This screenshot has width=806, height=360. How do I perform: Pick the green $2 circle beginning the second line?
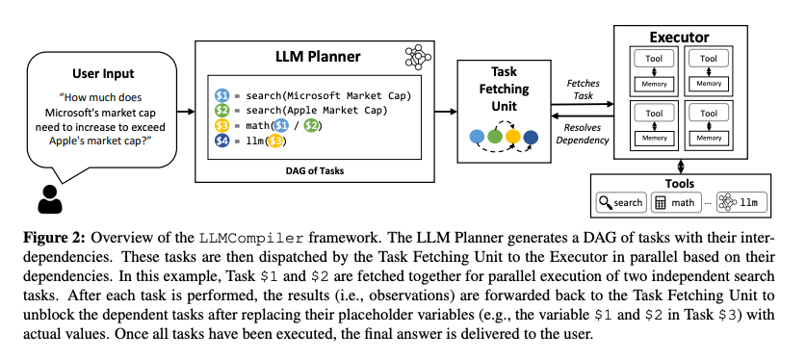(x=221, y=110)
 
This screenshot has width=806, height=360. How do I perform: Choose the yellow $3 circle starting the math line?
(x=221, y=125)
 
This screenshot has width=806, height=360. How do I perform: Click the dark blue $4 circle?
(x=221, y=141)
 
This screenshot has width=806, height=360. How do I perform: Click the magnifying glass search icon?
(x=605, y=203)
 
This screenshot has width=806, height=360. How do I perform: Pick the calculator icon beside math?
(x=661, y=203)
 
